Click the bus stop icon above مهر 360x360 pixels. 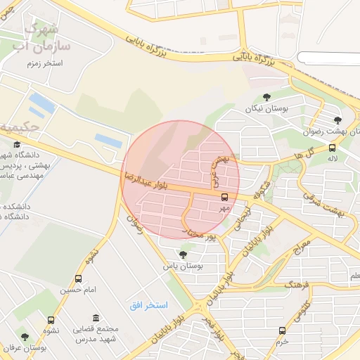click(225, 198)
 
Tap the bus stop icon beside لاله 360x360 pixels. click(332, 148)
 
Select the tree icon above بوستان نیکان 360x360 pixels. click(266, 97)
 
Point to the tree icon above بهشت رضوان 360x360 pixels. click(338, 120)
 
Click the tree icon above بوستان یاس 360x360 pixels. click(183, 255)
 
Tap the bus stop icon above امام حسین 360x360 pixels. click(78, 278)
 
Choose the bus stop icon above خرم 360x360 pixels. click(282, 330)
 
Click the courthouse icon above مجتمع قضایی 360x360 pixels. click(95, 319)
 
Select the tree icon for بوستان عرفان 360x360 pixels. click(25, 337)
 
